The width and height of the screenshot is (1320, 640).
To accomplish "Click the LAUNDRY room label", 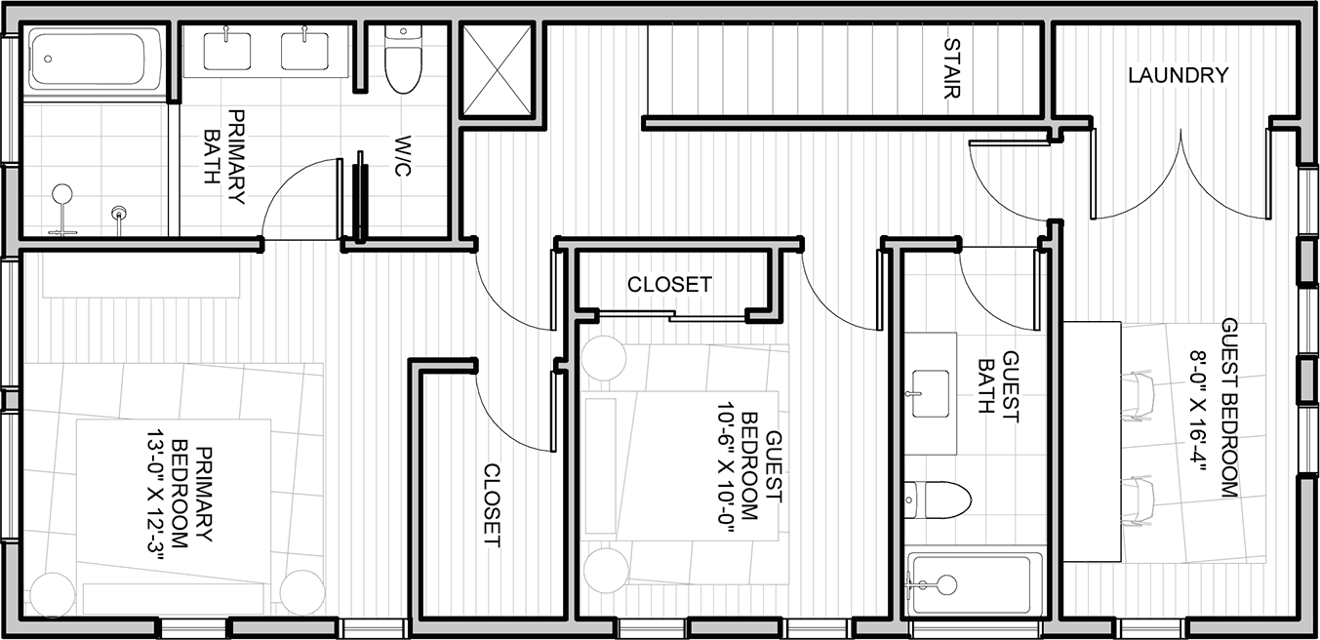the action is click(x=1178, y=75).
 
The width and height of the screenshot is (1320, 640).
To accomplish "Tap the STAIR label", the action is click(x=952, y=68).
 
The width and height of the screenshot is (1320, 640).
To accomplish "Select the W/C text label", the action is click(x=402, y=155).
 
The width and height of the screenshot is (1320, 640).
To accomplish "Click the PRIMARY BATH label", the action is click(x=224, y=157).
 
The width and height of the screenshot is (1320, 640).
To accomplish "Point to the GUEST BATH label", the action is click(x=998, y=386).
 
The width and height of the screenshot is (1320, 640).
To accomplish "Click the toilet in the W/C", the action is click(x=404, y=59).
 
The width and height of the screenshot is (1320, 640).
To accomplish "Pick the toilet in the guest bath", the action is click(x=938, y=500).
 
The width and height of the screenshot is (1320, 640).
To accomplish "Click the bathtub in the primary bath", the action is click(x=94, y=60).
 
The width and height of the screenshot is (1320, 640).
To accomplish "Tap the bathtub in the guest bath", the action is click(x=976, y=584).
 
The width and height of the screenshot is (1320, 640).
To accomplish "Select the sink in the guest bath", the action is click(x=931, y=393).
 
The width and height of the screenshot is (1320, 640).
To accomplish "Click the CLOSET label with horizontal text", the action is click(x=669, y=285).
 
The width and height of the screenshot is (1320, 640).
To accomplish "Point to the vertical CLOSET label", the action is click(x=492, y=505).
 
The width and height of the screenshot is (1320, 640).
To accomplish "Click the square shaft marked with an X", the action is click(x=498, y=70).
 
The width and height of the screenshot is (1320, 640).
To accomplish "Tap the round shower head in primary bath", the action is click(x=61, y=193).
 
